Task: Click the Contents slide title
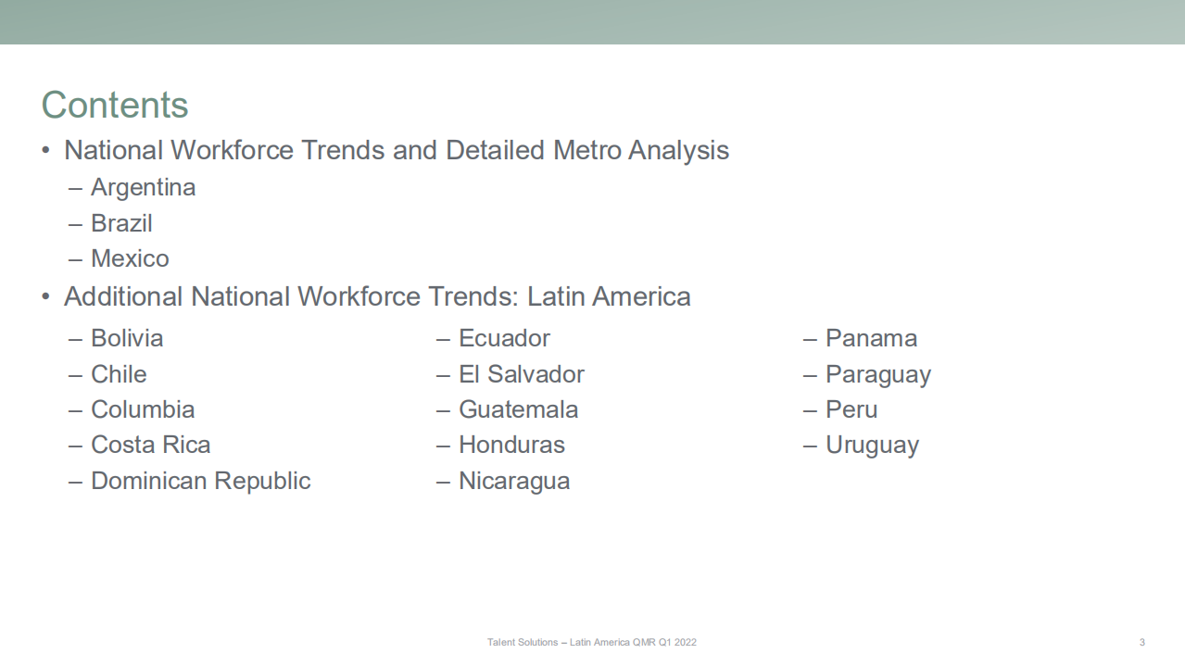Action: click(x=115, y=105)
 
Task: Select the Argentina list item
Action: click(x=144, y=188)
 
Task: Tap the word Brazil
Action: click(x=121, y=223)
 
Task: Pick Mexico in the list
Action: click(x=130, y=258)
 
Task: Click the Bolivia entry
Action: click(x=127, y=338)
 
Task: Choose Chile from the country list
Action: click(x=119, y=374)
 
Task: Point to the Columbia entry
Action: click(x=143, y=409)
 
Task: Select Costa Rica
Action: click(x=151, y=445)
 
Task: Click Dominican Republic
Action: click(x=201, y=482)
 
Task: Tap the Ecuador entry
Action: click(x=504, y=338)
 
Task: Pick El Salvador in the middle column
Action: click(x=522, y=374)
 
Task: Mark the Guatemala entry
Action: click(x=519, y=409)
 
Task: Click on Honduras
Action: click(x=512, y=445)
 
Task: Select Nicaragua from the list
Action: click(x=514, y=482)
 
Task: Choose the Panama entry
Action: click(x=871, y=338)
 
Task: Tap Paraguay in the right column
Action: click(x=878, y=375)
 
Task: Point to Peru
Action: click(x=851, y=409)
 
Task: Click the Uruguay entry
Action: click(x=873, y=446)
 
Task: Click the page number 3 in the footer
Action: click(x=1142, y=642)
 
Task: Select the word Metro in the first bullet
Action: click(x=586, y=150)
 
